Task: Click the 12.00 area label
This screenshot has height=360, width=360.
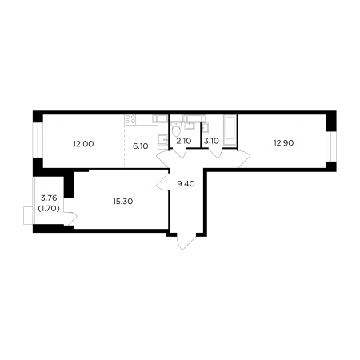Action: (83, 144)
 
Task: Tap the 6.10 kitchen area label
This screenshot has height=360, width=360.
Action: (141, 146)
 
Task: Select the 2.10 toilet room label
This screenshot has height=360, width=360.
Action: (184, 141)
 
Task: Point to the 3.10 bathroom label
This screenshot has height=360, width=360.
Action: (211, 141)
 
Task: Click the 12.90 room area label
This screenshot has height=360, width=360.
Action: (284, 143)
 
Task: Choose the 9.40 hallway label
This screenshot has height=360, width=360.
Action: (186, 183)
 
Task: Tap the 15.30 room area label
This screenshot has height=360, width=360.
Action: (123, 202)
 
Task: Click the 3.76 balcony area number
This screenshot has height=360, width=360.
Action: (49, 198)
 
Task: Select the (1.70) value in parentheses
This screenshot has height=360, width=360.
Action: (49, 209)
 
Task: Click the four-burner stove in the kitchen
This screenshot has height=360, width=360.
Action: (130, 119)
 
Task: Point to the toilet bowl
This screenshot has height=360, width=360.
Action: (176, 130)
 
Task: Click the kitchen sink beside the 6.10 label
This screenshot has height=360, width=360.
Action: (162, 139)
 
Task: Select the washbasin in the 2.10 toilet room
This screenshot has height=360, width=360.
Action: (190, 125)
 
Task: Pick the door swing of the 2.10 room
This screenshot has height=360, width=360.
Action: (178, 154)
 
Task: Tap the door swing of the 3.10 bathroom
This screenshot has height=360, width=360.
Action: (215, 154)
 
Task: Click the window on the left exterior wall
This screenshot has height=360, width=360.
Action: (38, 140)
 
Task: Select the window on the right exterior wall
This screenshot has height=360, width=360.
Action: (331, 146)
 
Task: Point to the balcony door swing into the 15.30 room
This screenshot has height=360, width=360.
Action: (72, 218)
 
